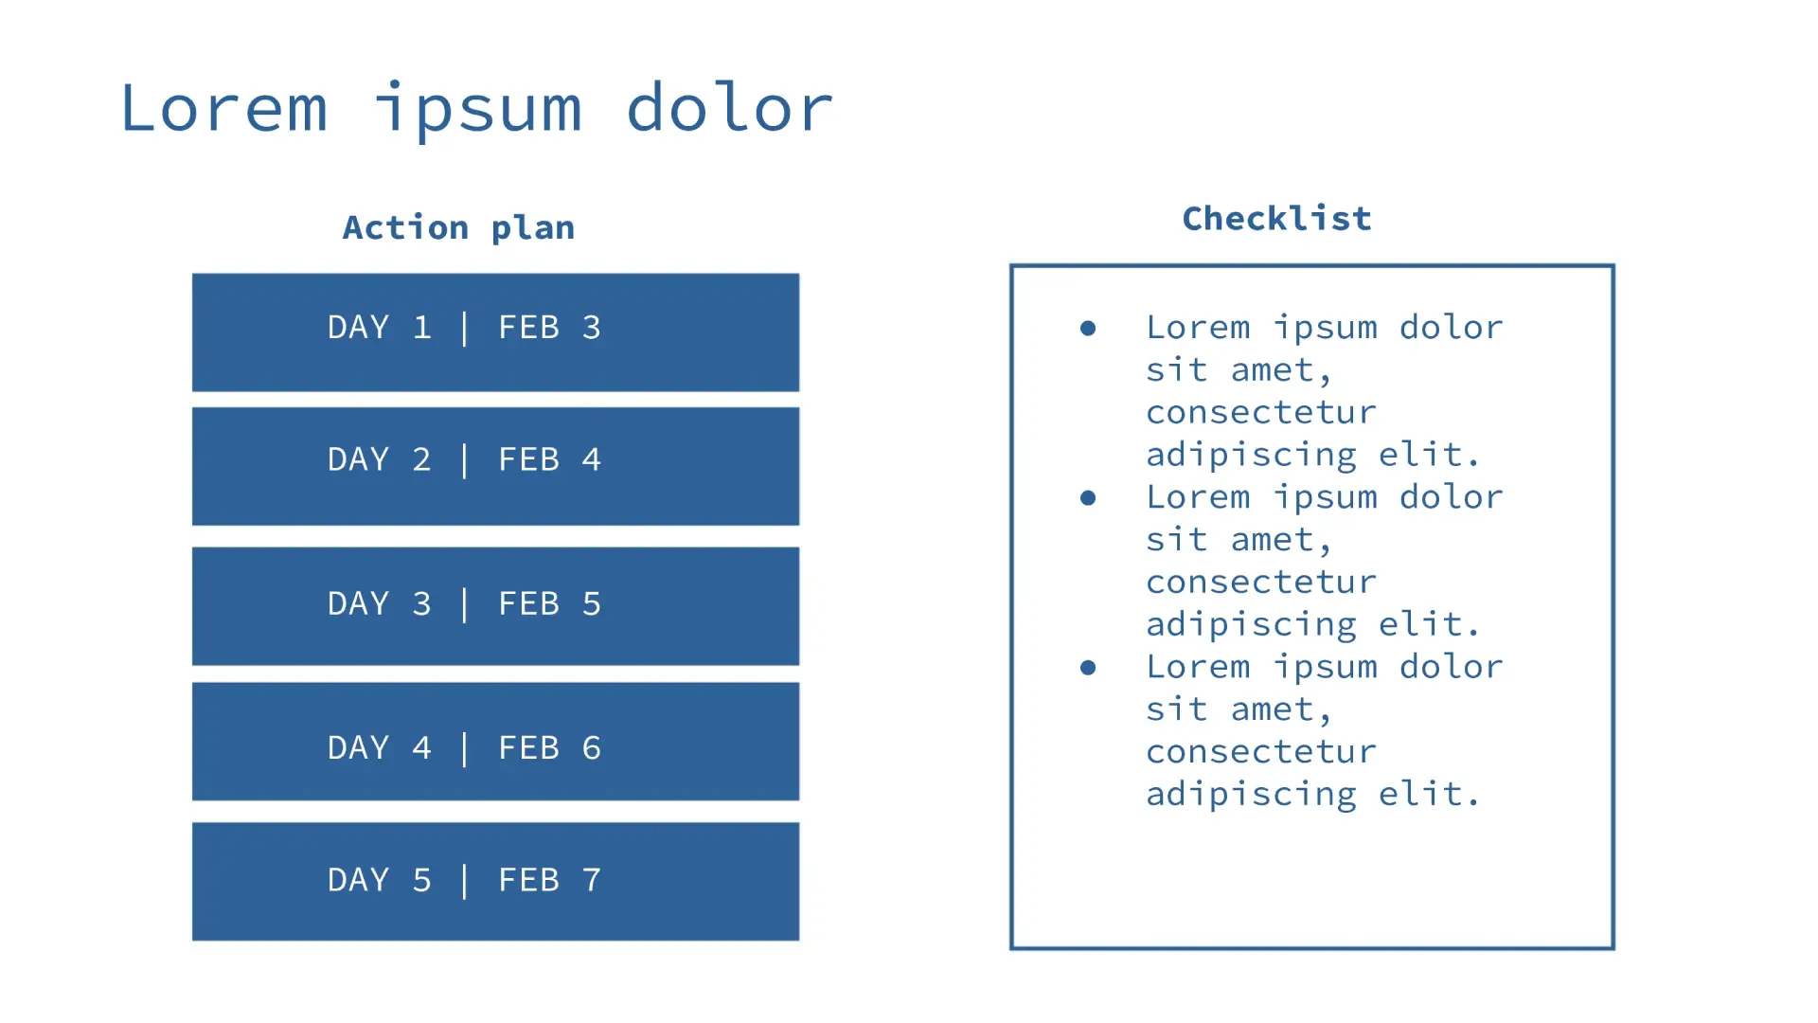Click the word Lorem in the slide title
(224, 107)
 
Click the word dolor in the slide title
(729, 107)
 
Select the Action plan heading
(458, 228)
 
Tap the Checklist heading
(1276, 219)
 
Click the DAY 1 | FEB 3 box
(495, 332)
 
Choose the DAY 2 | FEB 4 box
(495, 466)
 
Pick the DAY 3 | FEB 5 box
(495, 606)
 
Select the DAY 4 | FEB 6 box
(495, 742)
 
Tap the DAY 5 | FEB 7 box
(495, 881)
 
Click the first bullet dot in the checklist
(1088, 328)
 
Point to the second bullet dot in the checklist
(1088, 497)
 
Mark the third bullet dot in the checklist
(1088, 668)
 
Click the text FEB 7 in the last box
(550, 880)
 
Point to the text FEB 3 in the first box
(550, 328)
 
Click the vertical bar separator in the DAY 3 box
(464, 604)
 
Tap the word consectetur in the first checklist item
(1261, 412)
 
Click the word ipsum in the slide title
(478, 110)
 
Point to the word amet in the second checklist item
(1273, 540)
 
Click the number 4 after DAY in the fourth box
(422, 748)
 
